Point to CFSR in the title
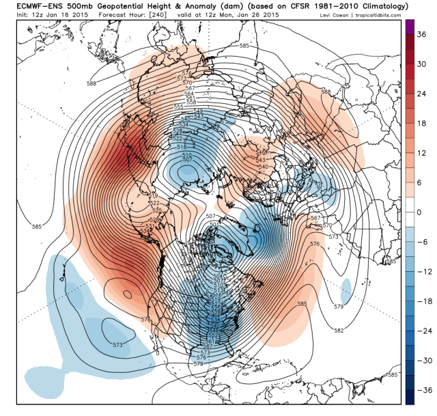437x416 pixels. [298, 6]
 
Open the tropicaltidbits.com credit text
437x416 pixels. [379, 15]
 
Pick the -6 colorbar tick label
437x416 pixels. [419, 242]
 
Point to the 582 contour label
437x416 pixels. [339, 331]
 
